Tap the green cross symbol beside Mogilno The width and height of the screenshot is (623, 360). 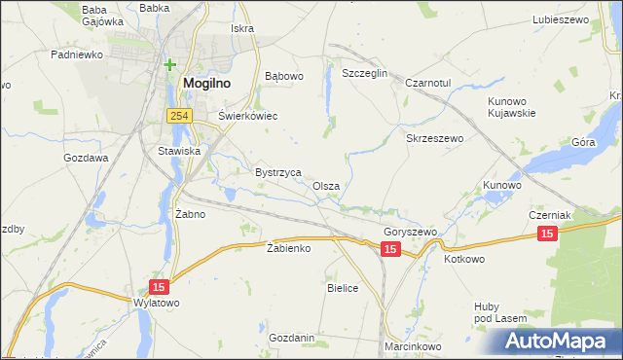(170, 65)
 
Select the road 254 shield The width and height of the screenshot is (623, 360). (177, 116)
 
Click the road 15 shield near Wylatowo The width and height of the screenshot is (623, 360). (159, 286)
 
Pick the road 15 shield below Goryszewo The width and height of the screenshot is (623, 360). (390, 250)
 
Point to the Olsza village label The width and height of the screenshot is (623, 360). (326, 185)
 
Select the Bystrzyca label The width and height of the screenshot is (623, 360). (277, 171)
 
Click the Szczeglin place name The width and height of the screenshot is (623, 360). (365, 73)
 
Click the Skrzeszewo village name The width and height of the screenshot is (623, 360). (434, 138)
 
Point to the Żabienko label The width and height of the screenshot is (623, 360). (288, 248)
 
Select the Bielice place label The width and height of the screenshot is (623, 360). (344, 288)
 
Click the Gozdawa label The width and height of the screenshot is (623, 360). (86, 158)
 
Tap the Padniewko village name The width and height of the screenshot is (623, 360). (77, 54)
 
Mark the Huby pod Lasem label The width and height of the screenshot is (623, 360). (500, 312)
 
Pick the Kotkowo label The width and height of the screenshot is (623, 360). (463, 259)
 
